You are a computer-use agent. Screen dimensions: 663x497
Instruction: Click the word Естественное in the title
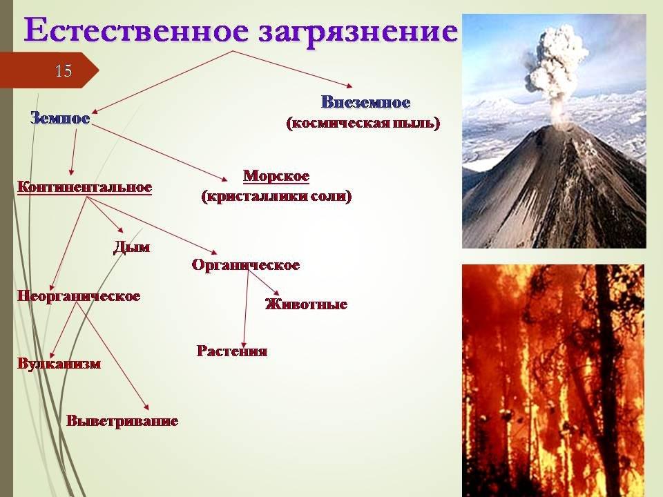[x=136, y=30]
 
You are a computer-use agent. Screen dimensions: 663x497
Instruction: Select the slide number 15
[x=64, y=70]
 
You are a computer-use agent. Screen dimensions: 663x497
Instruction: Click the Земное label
[x=60, y=118]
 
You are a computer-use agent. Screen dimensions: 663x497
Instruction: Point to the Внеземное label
[x=366, y=102]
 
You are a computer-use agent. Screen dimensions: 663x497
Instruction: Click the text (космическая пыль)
[x=363, y=123]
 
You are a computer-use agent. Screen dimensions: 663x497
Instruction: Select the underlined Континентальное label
[x=84, y=187]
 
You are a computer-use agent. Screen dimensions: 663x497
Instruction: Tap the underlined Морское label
[x=276, y=176]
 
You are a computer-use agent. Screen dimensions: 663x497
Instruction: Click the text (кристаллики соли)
[x=276, y=197]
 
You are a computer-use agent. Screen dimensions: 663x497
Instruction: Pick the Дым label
[x=131, y=247]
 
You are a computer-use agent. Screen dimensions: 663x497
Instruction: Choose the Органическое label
[x=246, y=265]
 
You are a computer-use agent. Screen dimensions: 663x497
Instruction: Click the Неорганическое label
[x=79, y=296]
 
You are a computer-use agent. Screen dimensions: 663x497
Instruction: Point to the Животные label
[x=306, y=304]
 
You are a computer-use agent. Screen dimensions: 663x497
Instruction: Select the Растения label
[x=232, y=351]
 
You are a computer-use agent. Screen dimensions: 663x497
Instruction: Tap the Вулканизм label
[x=59, y=364]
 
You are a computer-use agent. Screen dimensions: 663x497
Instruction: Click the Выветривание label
[x=122, y=421]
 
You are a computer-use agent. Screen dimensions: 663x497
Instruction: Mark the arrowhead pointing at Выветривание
[x=146, y=407]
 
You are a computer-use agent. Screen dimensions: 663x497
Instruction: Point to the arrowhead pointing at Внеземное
[x=349, y=86]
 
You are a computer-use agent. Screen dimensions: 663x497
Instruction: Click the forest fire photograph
[x=553, y=381]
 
